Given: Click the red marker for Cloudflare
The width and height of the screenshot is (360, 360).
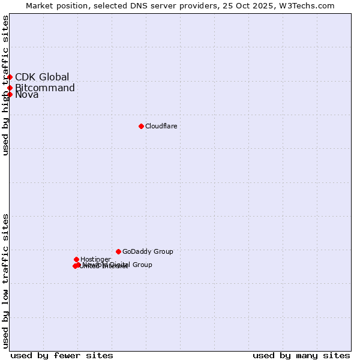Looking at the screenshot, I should tap(141, 126).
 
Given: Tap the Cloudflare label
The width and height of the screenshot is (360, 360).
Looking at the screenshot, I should tap(161, 126).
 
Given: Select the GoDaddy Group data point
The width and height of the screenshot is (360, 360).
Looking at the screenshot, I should tap(118, 251).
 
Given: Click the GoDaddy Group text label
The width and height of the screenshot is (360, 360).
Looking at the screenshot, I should tap(148, 251).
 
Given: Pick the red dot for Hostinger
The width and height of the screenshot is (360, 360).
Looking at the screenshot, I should tap(76, 259).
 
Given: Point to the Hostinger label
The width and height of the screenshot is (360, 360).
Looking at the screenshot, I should tap(95, 259).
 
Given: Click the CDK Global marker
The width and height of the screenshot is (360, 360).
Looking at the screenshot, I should tap(10, 77).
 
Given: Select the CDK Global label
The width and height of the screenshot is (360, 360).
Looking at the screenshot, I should tap(42, 77).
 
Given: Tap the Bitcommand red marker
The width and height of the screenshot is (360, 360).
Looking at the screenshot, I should tap(10, 88).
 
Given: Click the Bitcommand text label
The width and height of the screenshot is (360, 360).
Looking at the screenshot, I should tap(45, 88).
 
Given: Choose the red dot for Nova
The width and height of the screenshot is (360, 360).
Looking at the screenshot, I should tap(10, 94).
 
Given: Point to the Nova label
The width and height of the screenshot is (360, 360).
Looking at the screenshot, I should tap(27, 95).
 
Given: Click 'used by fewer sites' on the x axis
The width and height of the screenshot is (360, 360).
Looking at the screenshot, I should tap(62, 355).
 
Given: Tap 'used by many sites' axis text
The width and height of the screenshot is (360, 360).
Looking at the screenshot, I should tap(301, 355).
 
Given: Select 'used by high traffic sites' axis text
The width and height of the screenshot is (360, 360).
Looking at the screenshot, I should tap(6, 85).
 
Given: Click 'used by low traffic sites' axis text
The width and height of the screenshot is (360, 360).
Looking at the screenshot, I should tap(6, 281).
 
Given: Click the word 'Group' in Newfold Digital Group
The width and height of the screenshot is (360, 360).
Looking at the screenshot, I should tap(142, 265).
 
